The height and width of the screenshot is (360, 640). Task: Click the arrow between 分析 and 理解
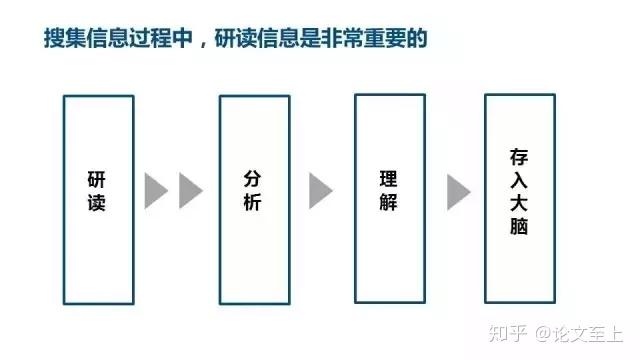[x=320, y=190]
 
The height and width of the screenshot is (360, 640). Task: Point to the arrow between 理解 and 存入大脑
[x=458, y=190]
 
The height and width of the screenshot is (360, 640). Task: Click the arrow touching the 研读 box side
[x=156, y=190]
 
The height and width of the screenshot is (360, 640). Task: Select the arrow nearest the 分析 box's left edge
[x=190, y=190]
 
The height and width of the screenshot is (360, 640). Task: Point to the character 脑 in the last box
[x=519, y=228]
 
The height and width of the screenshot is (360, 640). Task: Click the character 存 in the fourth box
[x=519, y=158]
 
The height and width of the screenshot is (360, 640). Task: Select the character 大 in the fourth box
[x=519, y=204]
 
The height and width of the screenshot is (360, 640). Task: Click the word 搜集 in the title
[x=65, y=38]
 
